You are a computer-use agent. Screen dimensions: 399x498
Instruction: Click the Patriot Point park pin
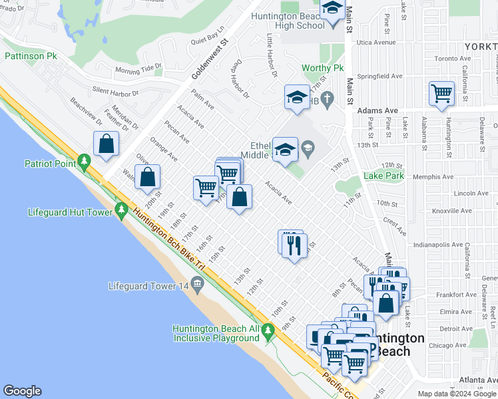[84, 161]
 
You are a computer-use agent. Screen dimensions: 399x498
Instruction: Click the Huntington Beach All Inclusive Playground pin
[268, 329]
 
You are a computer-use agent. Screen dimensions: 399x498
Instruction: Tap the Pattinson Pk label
[31, 57]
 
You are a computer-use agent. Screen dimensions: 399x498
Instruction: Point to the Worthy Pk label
[322, 68]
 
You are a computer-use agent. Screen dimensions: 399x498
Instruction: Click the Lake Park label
[384, 176]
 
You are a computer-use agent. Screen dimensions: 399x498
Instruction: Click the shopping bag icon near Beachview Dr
[106, 143]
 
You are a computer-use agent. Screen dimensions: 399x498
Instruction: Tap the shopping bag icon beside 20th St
[147, 177]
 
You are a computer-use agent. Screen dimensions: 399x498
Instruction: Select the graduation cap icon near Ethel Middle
[285, 150]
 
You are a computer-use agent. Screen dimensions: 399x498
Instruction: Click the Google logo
[22, 391]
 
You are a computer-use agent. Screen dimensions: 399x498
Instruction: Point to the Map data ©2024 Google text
[457, 394]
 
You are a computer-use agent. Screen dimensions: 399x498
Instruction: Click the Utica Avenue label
[375, 42]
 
